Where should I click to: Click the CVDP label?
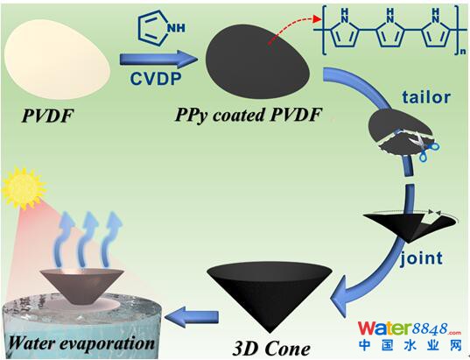(156, 79)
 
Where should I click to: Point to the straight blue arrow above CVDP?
(159, 58)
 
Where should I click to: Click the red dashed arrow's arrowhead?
(317, 19)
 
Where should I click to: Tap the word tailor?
(426, 97)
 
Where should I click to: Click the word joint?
(422, 258)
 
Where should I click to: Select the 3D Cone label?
(271, 349)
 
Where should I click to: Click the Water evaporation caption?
(81, 342)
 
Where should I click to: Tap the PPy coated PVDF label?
(249, 115)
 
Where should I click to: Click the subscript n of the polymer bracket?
(463, 52)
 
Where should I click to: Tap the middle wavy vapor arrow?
(88, 238)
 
